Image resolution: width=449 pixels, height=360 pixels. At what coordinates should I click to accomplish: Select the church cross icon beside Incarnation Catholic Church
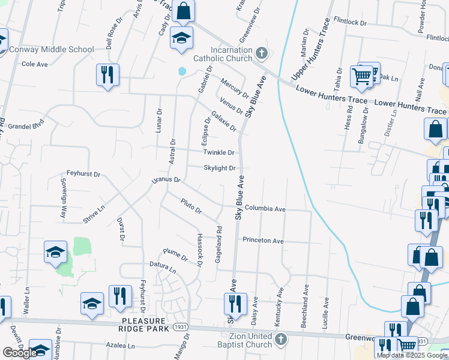261,53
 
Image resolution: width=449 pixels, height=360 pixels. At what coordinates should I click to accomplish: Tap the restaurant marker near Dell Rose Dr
107,75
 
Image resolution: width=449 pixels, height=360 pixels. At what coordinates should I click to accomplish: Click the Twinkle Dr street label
218,152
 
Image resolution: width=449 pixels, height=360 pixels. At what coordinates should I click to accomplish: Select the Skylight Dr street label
219,169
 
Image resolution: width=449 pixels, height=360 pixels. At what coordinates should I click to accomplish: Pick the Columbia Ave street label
265,209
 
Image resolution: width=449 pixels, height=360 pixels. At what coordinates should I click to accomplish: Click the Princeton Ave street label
263,241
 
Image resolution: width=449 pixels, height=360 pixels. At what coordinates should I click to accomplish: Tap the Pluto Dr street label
191,207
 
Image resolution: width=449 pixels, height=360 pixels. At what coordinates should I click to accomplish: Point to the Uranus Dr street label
166,179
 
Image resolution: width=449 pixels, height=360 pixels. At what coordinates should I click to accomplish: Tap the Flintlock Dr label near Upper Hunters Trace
350,22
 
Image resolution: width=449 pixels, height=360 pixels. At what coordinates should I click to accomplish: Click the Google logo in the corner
19,352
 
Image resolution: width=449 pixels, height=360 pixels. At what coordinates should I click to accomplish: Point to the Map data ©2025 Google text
412,355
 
